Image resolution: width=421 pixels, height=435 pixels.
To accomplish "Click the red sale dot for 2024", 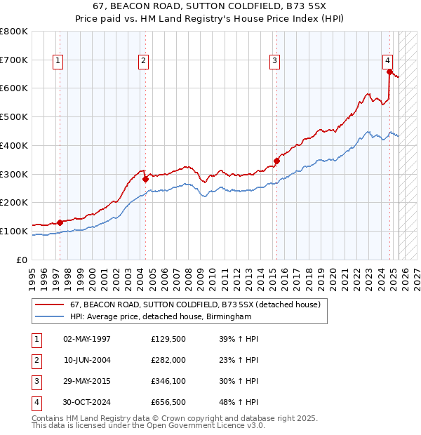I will click(x=389, y=71).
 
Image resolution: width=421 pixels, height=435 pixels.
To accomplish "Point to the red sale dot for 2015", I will click(x=276, y=161).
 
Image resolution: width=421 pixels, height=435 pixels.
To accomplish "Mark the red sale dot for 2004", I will click(x=145, y=179).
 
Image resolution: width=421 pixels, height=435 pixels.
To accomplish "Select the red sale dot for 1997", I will click(x=60, y=222).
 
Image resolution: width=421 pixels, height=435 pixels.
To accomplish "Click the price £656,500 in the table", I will click(x=168, y=402).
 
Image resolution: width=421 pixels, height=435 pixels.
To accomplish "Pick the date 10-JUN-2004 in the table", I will click(x=87, y=360).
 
